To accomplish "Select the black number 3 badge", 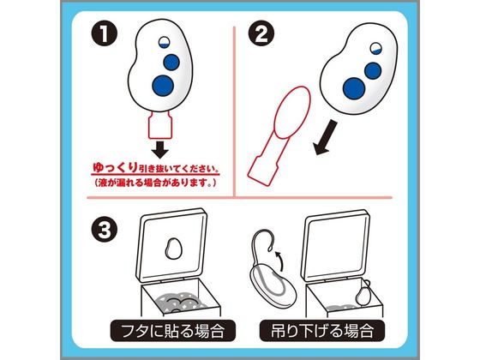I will coord(101,231).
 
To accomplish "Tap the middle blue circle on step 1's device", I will coord(171,62).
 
